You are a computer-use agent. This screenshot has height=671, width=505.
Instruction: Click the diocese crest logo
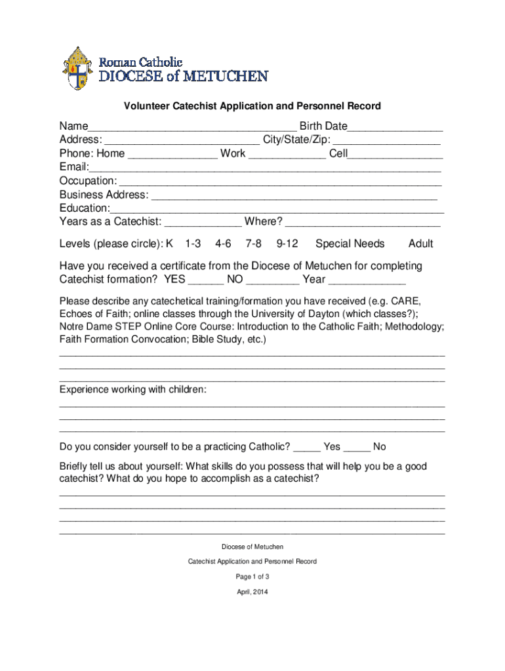click(77, 69)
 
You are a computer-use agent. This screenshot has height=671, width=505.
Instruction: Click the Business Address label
click(104, 195)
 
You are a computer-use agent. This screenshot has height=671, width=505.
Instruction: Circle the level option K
click(169, 244)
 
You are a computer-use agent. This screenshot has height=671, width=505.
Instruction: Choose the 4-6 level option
click(223, 244)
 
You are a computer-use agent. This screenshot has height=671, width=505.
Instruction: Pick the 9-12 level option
click(287, 244)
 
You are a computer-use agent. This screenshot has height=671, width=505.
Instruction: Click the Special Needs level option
click(350, 244)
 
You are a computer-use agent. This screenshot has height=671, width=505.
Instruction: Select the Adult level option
click(420, 244)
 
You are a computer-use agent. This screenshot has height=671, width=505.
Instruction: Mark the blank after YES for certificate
click(205, 281)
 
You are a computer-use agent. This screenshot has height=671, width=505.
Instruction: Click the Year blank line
click(367, 281)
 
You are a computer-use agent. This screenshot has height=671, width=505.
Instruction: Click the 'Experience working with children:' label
click(133, 390)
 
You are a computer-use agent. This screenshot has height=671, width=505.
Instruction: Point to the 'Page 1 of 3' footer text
click(253, 577)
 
